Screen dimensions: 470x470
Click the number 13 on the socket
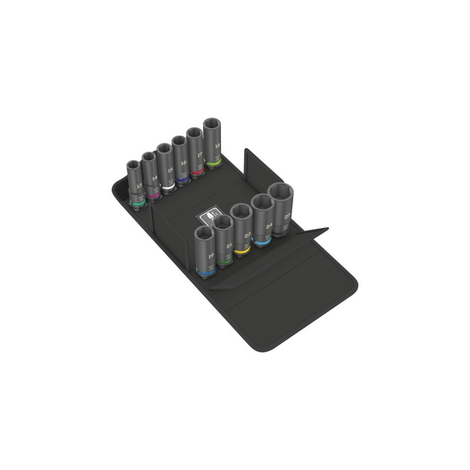[139, 186]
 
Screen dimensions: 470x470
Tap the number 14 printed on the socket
[155, 177]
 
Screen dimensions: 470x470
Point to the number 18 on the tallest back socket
[217, 145]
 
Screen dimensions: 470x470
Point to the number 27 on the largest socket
[286, 216]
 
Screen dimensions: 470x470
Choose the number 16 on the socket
[184, 163]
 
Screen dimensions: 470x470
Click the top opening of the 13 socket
[135, 165]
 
